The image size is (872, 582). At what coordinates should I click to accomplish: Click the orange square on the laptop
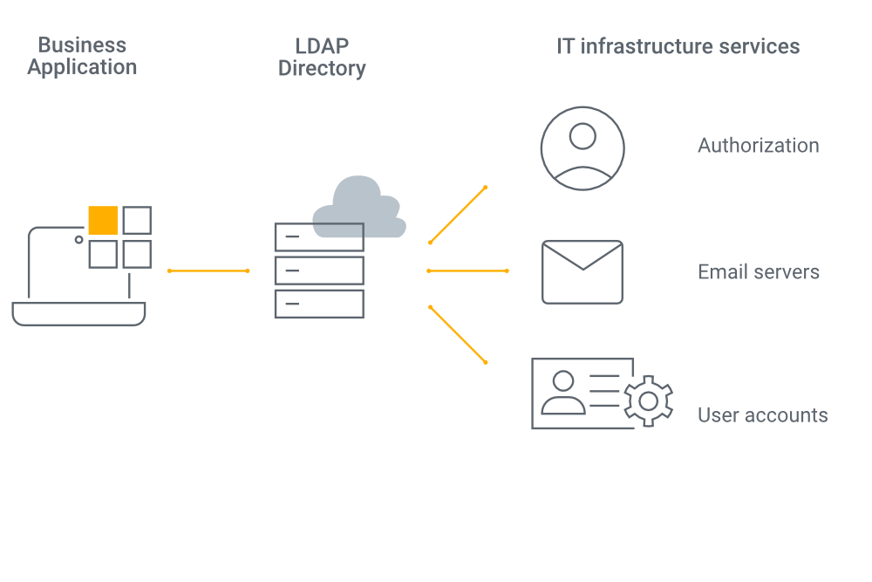[103, 221]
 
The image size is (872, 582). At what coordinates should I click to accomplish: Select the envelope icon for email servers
[582, 272]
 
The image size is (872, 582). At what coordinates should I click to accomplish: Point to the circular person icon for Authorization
[582, 147]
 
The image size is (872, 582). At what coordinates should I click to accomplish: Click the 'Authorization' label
[758, 146]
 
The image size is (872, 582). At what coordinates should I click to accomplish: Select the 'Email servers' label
[758, 271]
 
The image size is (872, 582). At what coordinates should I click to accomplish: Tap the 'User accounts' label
[762, 414]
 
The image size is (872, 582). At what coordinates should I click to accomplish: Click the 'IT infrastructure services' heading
[678, 46]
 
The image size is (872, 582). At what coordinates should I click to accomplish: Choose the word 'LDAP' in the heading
[322, 45]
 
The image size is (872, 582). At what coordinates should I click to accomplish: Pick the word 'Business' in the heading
[82, 45]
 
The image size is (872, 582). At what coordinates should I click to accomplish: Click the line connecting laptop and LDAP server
[208, 271]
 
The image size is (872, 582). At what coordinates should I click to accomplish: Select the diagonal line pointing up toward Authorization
[458, 215]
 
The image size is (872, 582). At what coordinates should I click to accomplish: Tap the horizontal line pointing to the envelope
[467, 271]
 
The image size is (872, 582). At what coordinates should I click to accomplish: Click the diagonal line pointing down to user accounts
[458, 334]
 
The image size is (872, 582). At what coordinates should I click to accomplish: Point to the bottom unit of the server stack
[319, 304]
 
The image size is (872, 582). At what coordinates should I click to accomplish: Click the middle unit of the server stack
[319, 270]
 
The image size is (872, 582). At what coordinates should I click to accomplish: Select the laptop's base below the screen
[78, 314]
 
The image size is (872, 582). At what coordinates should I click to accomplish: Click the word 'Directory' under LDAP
[322, 69]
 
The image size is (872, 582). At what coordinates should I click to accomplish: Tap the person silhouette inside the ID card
[563, 393]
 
